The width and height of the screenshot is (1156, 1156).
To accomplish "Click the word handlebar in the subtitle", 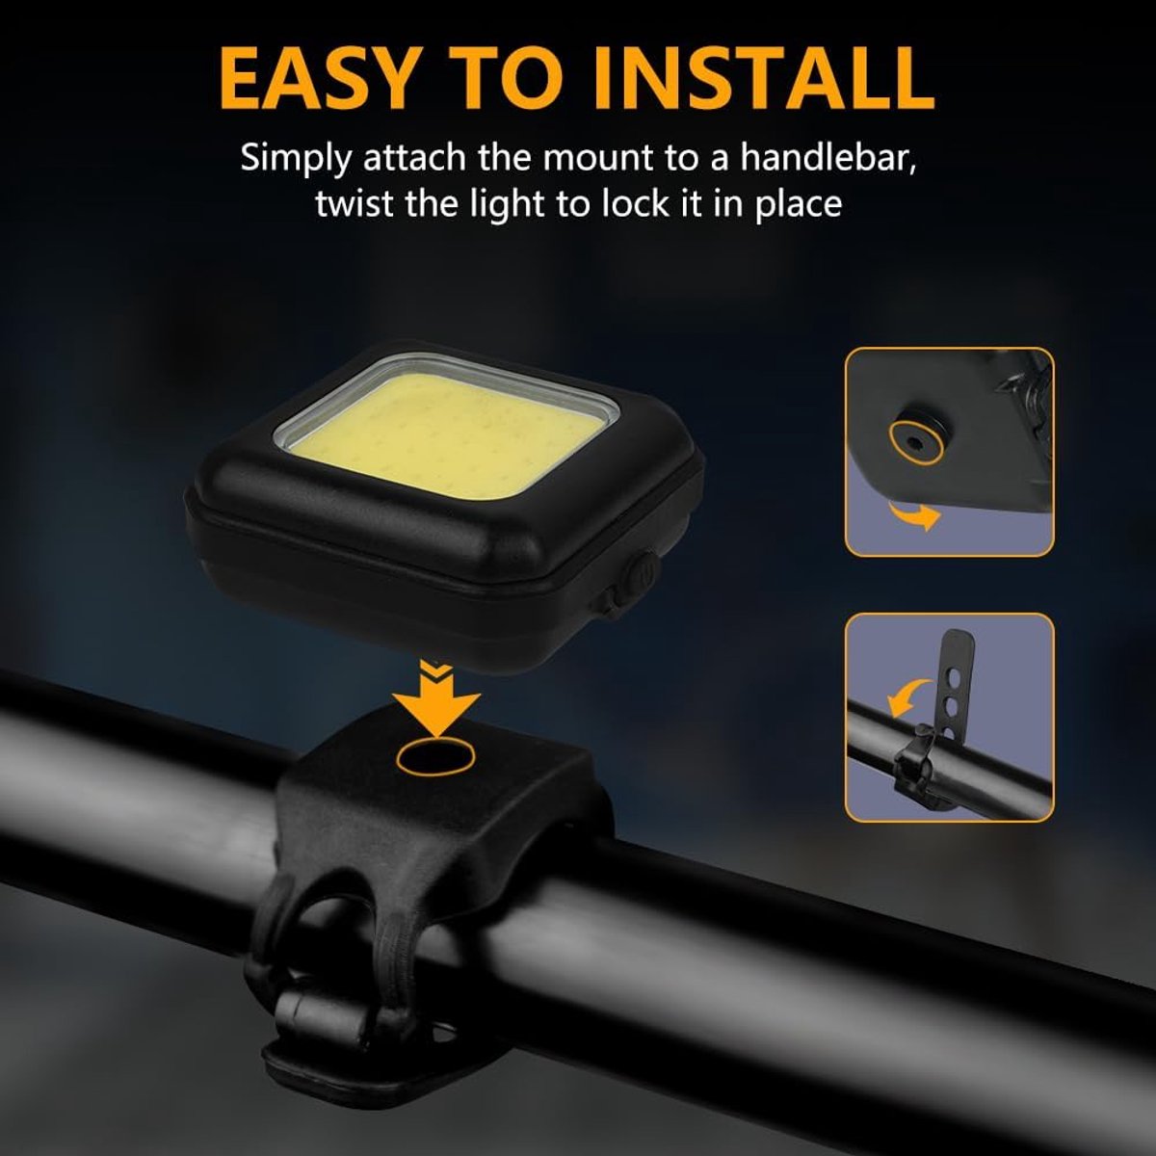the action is click(828, 158).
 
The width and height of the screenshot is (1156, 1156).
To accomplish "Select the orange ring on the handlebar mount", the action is click(435, 758).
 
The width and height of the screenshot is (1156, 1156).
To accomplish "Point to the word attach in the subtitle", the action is click(414, 158).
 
